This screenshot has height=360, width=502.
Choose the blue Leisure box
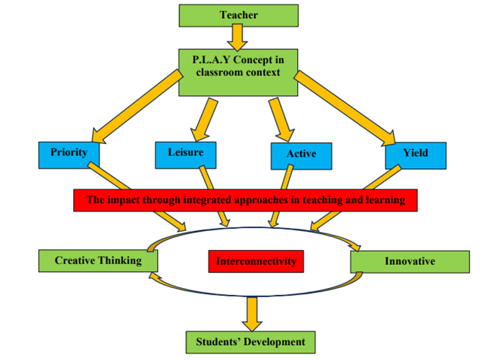coord(185,153)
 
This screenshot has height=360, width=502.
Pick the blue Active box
coord(301,154)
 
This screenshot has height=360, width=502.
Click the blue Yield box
coord(415,154)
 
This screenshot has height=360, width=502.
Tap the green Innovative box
coord(409,262)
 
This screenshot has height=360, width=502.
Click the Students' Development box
coord(251,342)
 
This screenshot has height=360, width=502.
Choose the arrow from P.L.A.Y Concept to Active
coord(280,116)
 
